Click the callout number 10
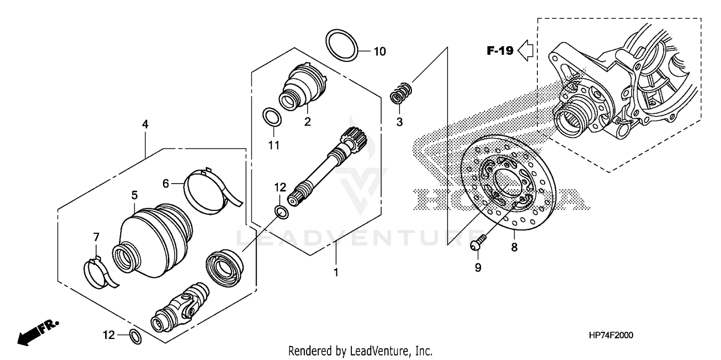pos(379,51)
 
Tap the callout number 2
pos(307,122)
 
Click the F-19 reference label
pos(500,50)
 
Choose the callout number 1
pos(336,273)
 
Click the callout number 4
pos(145,124)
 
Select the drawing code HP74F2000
pos(610,335)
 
